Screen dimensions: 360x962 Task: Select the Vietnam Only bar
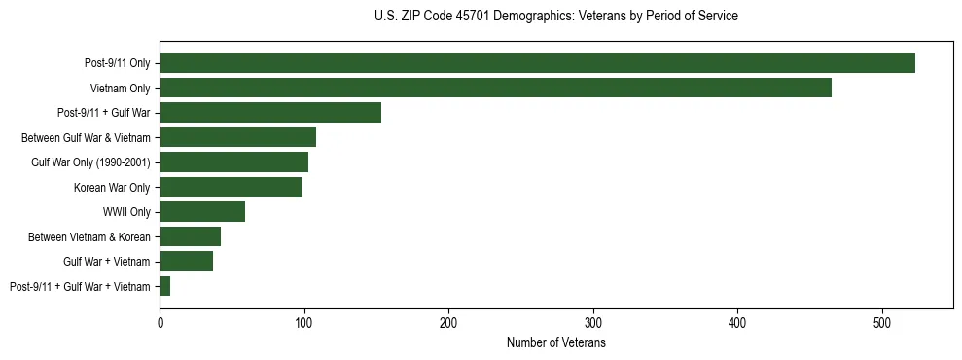[495, 88]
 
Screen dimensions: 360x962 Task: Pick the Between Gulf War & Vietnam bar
[237, 137]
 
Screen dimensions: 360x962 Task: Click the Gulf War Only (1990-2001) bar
[233, 162]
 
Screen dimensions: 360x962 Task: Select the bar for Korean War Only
[231, 187]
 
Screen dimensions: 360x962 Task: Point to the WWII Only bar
[202, 212]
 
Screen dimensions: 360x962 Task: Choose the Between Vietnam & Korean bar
[190, 236]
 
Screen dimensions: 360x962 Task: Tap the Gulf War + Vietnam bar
[186, 261]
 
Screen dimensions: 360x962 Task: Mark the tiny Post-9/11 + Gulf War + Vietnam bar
[165, 286]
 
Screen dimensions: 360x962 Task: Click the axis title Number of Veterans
[555, 343]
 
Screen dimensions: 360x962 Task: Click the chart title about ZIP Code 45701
[555, 17]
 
